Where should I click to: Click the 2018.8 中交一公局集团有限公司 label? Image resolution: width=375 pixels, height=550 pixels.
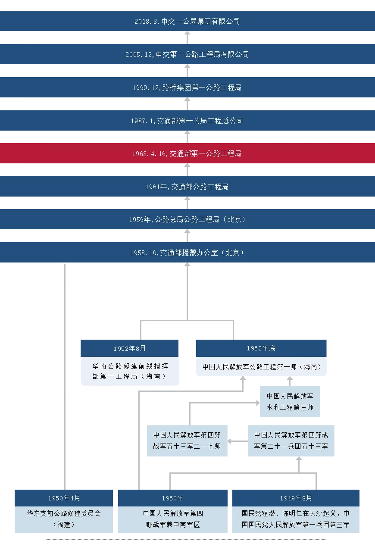[x=187, y=21]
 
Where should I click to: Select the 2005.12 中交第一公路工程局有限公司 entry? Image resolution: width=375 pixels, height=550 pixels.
[x=187, y=54]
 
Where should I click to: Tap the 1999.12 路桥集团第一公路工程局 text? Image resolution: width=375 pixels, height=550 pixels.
[x=187, y=87]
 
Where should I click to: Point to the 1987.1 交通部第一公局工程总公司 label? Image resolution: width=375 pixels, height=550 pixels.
[x=187, y=121]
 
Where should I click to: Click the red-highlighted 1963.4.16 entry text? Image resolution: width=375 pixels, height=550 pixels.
[x=187, y=153]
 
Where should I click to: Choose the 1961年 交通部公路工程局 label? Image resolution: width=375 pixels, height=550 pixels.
[x=187, y=187]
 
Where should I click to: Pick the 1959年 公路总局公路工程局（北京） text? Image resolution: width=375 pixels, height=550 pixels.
[x=187, y=219]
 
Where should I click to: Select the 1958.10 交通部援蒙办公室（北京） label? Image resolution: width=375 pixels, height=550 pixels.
[x=187, y=253]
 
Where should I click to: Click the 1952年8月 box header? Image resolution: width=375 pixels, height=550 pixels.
[x=129, y=348]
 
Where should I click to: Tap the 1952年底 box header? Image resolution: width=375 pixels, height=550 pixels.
[x=260, y=348]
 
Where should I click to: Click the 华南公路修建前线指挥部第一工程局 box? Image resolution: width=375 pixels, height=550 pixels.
[x=129, y=371]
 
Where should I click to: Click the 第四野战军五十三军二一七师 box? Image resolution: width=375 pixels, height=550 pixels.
[x=187, y=441]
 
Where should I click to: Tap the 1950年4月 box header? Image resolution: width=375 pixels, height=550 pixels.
[x=64, y=498]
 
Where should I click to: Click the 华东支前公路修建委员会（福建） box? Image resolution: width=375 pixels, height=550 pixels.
[x=64, y=519]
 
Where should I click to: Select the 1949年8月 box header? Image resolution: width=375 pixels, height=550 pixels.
[x=296, y=498]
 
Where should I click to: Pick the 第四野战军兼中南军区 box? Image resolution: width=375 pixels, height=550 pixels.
[x=172, y=519]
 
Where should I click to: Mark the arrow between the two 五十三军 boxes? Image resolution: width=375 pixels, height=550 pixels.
[x=236, y=441]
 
